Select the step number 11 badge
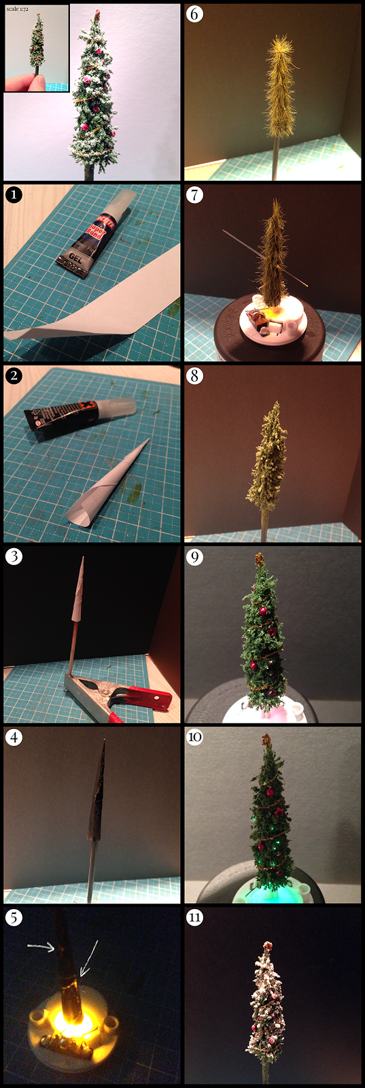(195, 918)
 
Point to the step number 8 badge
(195, 375)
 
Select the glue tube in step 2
(75, 412)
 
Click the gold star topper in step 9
(260, 559)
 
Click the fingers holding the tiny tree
(26, 79)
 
